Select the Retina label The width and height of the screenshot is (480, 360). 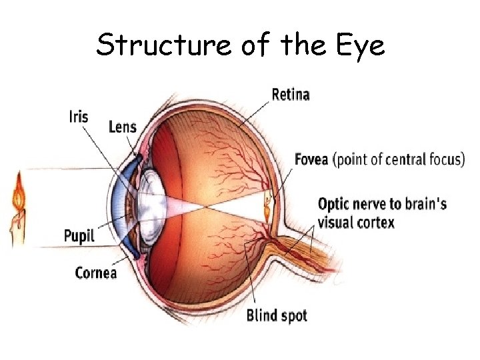pyautogui.click(x=291, y=95)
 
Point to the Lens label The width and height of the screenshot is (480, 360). pyautogui.click(x=122, y=127)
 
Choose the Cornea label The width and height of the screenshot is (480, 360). pyautogui.click(x=96, y=272)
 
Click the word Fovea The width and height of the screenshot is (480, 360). pyautogui.click(x=312, y=160)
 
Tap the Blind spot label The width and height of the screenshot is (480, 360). pyautogui.click(x=277, y=315)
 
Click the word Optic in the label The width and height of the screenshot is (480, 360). pyautogui.click(x=335, y=203)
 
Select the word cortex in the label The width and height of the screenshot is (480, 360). pyautogui.click(x=375, y=222)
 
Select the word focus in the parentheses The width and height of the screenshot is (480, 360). pyautogui.click(x=441, y=160)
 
